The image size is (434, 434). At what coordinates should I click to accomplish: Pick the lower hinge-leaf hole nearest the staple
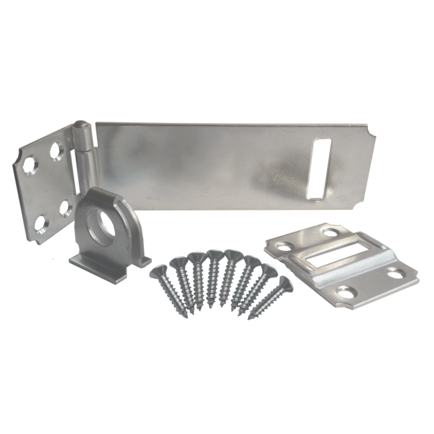click(x=63, y=207)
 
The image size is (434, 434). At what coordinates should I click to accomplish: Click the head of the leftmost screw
click(x=157, y=271)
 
